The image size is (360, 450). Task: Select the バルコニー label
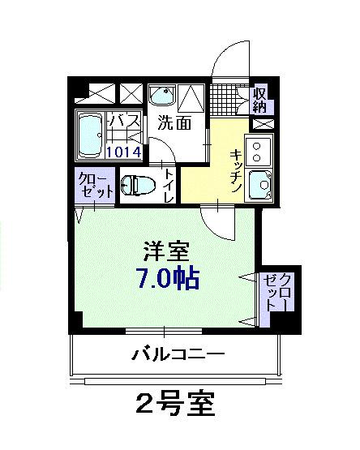click(x=178, y=354)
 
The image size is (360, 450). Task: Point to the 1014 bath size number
click(x=123, y=150)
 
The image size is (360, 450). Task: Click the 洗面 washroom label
click(x=174, y=124)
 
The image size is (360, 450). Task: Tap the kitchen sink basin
click(x=261, y=186)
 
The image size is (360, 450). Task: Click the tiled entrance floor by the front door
click(x=230, y=98)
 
